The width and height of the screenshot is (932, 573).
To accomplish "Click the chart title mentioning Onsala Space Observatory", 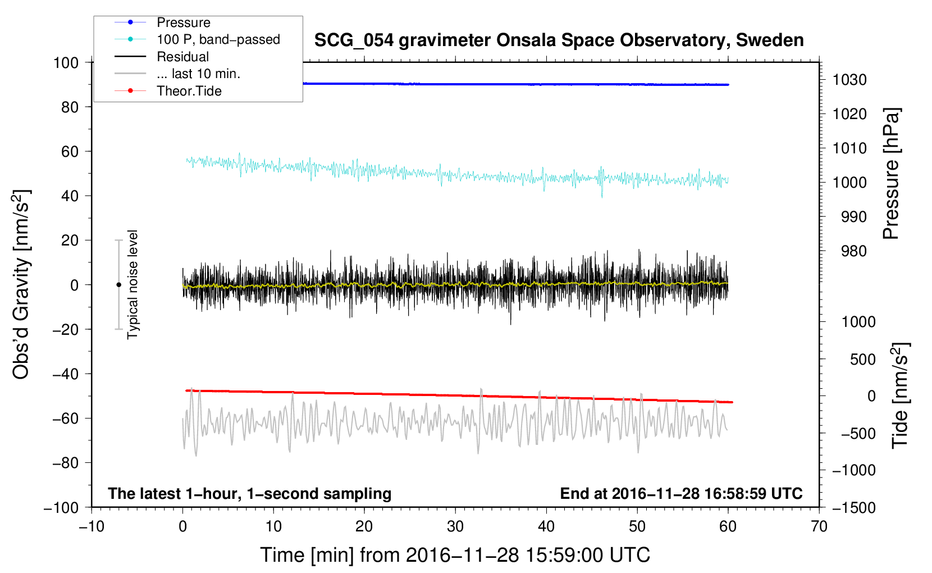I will (x=559, y=40).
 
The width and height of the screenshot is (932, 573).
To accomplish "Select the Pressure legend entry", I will (x=183, y=22).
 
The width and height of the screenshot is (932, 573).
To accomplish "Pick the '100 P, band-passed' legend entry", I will (x=218, y=39).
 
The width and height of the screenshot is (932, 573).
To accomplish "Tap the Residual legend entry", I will (x=182, y=57).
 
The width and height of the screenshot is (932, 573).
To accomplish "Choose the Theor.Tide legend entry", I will (x=189, y=91).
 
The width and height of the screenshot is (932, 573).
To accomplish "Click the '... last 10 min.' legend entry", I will (x=198, y=74).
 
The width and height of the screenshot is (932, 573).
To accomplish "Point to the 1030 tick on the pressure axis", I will (x=849, y=80).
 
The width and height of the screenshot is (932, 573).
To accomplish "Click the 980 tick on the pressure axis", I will (x=853, y=251).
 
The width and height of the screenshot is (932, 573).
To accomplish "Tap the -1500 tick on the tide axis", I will (x=853, y=507).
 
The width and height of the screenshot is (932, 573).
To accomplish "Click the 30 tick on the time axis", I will (x=455, y=526).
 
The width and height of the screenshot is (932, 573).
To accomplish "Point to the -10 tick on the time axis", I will (x=92, y=526).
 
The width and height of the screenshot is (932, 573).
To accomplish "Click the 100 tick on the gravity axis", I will (x=66, y=62).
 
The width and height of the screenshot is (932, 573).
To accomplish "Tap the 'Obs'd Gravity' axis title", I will (x=21, y=284).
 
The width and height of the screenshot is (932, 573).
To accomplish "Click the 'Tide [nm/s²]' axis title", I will (x=900, y=395).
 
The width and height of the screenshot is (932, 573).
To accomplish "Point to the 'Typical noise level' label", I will (x=133, y=284).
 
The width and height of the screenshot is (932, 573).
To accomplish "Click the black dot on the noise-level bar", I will (x=118, y=285).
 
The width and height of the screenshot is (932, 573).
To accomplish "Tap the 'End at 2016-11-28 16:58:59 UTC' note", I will (x=681, y=493).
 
